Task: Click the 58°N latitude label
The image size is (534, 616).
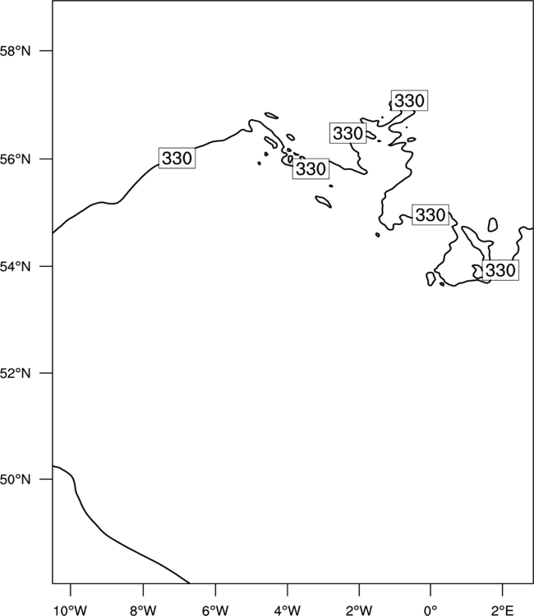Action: [x=15, y=51]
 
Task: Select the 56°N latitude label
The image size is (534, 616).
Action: [x=15, y=159]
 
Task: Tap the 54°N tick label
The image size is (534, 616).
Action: [x=15, y=266]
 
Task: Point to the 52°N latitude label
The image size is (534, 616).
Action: [x=15, y=373]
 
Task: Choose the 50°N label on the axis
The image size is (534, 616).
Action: [x=15, y=480]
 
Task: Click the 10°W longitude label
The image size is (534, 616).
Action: [x=71, y=610]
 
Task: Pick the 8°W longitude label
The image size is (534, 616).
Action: [x=143, y=610]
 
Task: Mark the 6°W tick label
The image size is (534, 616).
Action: [x=215, y=610]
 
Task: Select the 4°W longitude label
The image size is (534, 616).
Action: [x=288, y=610]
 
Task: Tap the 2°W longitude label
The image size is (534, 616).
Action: [x=359, y=610]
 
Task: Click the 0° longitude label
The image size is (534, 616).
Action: [x=430, y=610]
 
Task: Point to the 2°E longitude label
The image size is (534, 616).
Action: [x=502, y=610]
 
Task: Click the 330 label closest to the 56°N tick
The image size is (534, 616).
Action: [x=177, y=159]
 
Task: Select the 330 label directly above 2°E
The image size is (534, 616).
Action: [x=500, y=270]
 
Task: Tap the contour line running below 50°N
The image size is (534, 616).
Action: [x=106, y=534]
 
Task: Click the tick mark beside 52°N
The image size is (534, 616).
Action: [x=46, y=373]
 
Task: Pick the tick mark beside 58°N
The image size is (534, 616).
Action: [x=46, y=51]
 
